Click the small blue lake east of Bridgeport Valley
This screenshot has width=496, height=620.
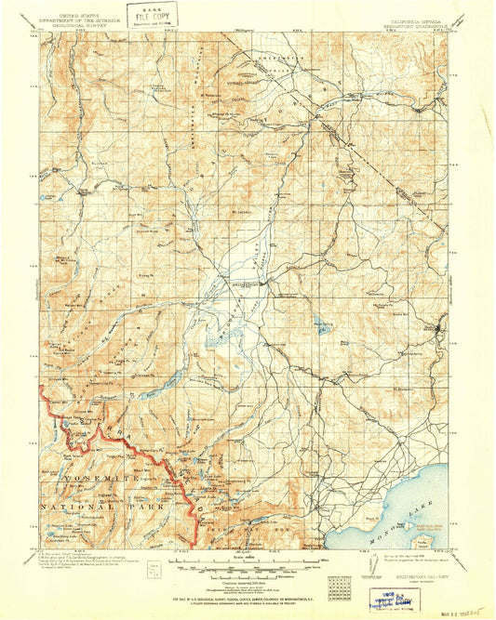(x=323, y=326)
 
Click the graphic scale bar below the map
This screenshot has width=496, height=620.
(x=247, y=563)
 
